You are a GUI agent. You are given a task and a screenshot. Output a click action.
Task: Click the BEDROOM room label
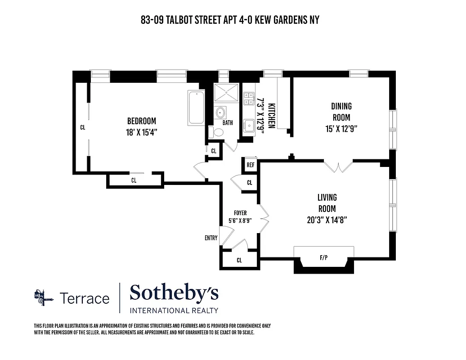pyautogui.click(x=141, y=121)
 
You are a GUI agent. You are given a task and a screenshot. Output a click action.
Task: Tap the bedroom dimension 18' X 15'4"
pyautogui.click(x=141, y=132)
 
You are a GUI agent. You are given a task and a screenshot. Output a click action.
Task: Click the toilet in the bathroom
pyautogui.click(x=219, y=132)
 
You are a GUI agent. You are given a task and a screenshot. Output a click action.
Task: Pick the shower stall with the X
pyautogui.click(x=227, y=93)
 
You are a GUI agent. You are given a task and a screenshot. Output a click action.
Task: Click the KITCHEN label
pyautogui.click(x=271, y=116)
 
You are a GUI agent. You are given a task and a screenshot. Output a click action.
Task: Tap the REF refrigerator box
pyautogui.click(x=251, y=165)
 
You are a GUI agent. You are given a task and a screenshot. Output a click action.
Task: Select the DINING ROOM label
pyautogui.click(x=341, y=112)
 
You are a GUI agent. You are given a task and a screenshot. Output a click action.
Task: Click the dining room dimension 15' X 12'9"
pyautogui.click(x=341, y=129)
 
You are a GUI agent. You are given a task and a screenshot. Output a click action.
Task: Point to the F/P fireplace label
pyautogui.click(x=323, y=258)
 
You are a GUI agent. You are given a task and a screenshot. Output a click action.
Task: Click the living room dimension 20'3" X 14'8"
pyautogui.click(x=327, y=220)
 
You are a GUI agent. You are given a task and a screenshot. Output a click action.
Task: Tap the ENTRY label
pyautogui.click(x=211, y=238)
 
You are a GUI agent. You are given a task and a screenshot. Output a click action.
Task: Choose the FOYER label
pyautogui.click(x=240, y=213)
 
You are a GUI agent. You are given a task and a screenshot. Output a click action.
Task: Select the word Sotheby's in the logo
pyautogui.click(x=174, y=293)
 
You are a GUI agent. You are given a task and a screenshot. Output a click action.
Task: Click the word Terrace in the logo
pyautogui.click(x=85, y=298)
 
